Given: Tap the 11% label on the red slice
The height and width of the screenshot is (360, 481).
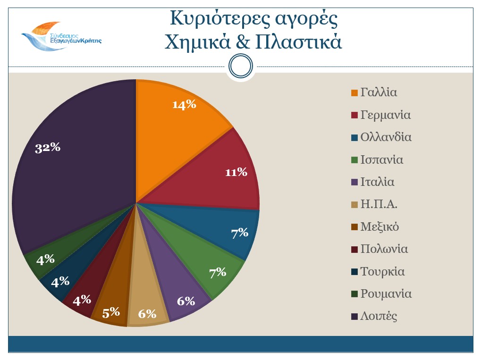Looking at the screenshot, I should pos(236,173).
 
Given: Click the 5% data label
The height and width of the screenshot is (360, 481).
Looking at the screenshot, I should pos(111,312).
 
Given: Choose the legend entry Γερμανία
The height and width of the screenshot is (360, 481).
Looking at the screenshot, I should pos(385,115).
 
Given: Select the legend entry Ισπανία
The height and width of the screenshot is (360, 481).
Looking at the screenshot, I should pos(381,159).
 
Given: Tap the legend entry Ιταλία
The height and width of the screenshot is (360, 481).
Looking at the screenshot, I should pos(377,182).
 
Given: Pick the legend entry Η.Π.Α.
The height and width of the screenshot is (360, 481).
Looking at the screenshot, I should pos(379,205).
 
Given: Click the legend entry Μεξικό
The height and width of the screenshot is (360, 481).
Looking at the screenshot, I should pos(380,227).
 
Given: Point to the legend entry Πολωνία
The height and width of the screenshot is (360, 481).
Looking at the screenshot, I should pos(384,249).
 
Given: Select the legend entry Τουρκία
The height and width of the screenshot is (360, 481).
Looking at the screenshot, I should pos(382,272).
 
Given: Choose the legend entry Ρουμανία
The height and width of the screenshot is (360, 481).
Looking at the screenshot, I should pos(386,294).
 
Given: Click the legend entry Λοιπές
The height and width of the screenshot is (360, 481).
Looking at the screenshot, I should pos(379,316).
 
